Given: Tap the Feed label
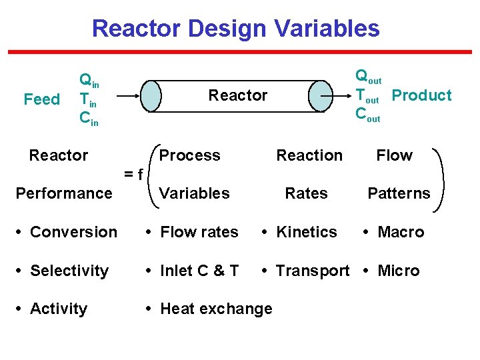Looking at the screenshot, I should pos(41,99).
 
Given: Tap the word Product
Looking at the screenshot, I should pos(421,95).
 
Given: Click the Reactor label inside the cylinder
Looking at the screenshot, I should pos(237,95).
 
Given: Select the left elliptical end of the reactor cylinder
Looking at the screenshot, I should pos(153,96).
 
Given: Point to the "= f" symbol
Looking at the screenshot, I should pos(133,174).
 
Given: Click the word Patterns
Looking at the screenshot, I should pos(399,193).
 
